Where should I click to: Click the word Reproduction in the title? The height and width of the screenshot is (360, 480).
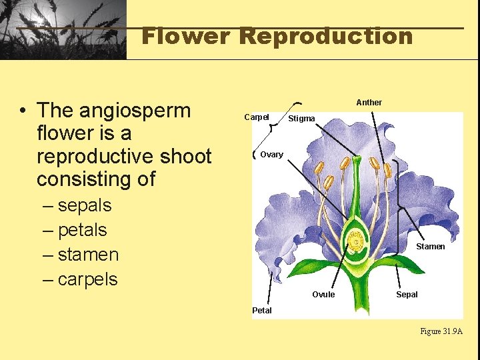326,36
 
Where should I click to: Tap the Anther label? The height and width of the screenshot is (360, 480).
369,103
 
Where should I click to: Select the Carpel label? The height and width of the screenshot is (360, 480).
257,117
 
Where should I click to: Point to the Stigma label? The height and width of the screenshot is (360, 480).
301,119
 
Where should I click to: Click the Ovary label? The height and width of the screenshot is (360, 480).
271,155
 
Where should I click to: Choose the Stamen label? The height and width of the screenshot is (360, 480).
430,247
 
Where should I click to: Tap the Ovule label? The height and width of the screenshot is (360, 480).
323,295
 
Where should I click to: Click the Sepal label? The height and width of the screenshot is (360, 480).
407,295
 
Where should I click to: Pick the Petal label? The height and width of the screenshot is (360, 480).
262,310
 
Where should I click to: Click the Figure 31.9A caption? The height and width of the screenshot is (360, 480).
441,331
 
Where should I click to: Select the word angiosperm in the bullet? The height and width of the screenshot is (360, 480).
135,111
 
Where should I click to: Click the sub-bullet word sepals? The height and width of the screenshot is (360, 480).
85,205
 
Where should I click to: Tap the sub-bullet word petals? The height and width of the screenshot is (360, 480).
82,230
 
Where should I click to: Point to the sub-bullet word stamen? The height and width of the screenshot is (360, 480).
88,255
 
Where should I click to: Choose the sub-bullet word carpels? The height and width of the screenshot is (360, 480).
87,279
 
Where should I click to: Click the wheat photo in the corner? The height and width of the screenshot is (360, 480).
63,29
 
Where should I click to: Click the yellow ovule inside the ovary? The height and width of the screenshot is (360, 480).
357,238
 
